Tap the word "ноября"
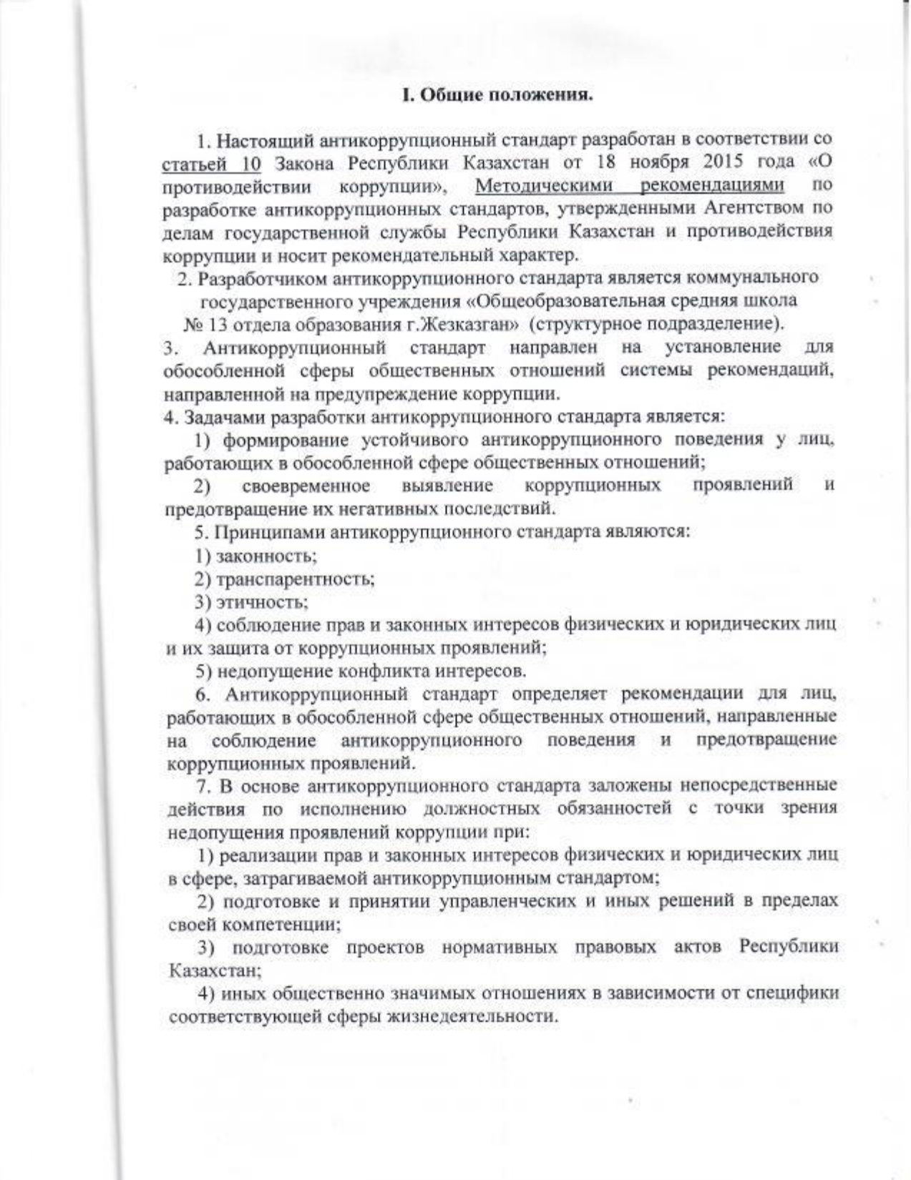(662, 162)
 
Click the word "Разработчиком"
(262, 277)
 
